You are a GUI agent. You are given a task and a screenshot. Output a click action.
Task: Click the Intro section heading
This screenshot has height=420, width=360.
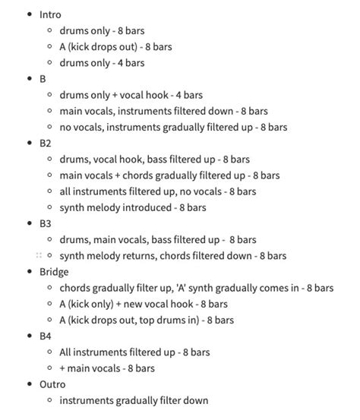point(50,14)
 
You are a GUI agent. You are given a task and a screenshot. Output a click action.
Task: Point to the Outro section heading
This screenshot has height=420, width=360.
point(52,384)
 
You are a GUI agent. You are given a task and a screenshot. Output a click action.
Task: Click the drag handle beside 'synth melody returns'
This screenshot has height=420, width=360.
point(38,256)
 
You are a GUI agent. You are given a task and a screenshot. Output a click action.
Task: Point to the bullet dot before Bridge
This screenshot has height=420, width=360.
point(28,272)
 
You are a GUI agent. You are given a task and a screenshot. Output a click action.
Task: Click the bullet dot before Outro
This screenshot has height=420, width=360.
point(28,384)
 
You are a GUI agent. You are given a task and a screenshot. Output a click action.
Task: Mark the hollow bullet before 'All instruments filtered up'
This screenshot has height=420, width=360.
point(49,352)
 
